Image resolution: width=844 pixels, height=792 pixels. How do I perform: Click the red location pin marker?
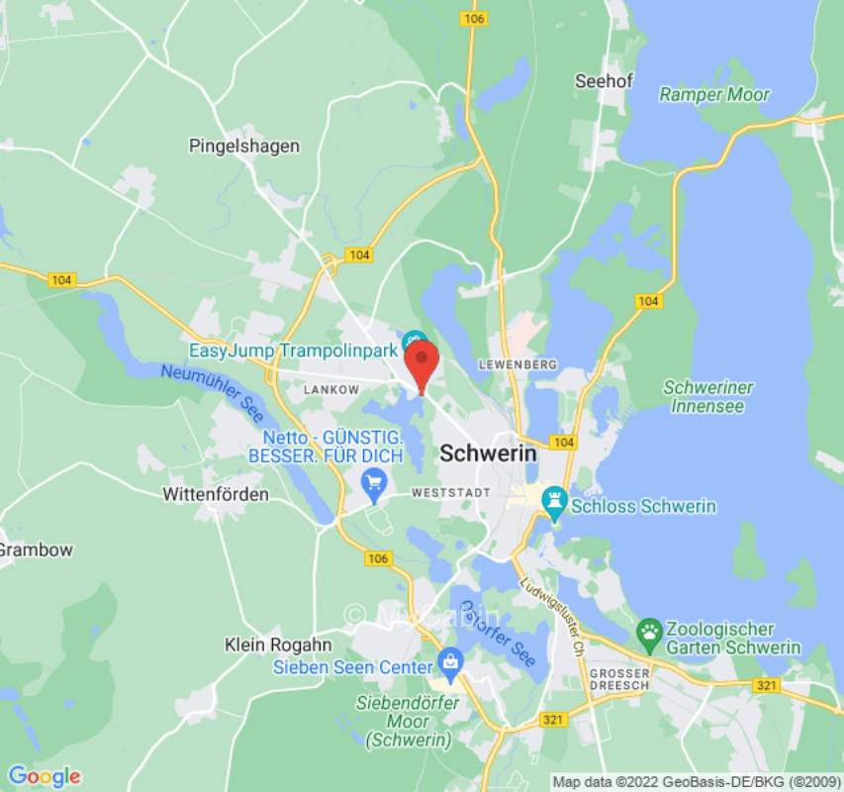point(423,364)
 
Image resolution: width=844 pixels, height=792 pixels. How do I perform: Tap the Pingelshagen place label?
point(243,147)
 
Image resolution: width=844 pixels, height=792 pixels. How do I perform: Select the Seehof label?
point(604,81)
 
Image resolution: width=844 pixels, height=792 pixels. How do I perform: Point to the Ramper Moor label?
point(714,95)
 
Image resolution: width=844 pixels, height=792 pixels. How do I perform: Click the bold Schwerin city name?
point(488,453)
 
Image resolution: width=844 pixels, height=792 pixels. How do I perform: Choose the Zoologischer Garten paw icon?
point(649,632)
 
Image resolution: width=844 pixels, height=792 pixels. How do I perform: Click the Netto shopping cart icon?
point(374,484)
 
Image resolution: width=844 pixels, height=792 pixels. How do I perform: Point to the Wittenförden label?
point(216,494)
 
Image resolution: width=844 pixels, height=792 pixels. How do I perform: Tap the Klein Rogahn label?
point(264,644)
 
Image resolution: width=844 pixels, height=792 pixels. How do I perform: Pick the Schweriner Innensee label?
point(708,396)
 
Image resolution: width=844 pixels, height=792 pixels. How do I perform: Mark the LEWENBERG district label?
point(511,364)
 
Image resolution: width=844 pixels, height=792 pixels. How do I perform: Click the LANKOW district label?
point(330,390)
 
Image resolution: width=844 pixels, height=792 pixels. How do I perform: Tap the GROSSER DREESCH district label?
point(618,680)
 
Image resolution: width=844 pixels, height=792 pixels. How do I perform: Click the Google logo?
point(44,776)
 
